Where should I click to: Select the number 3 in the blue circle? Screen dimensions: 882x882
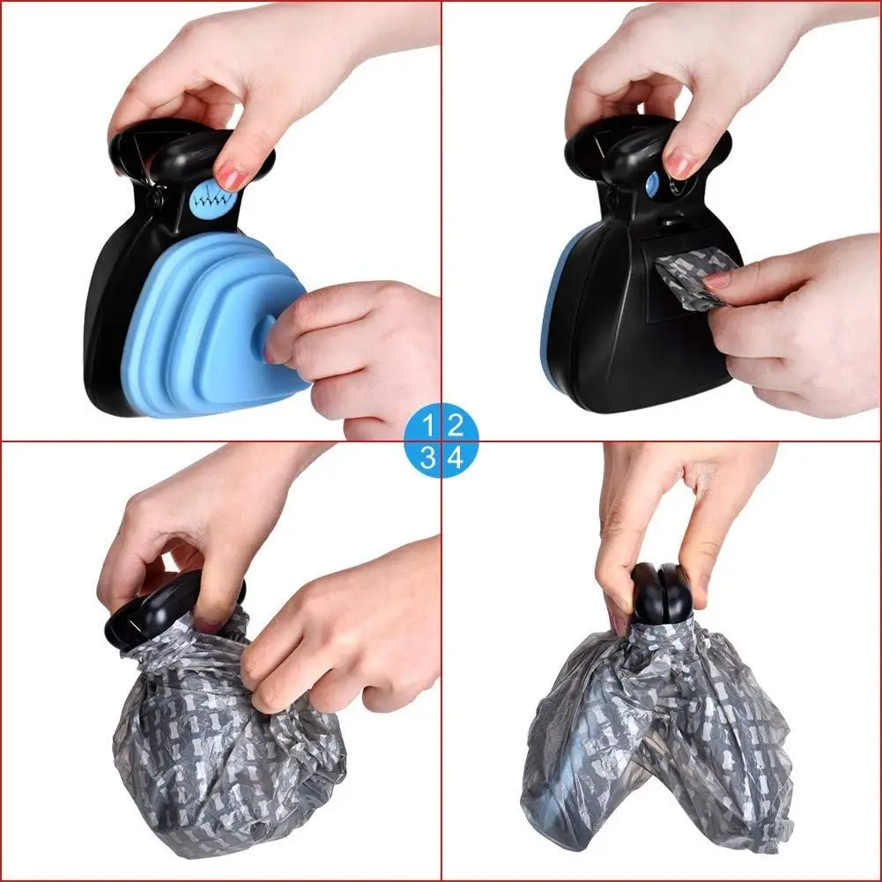tap(427, 456)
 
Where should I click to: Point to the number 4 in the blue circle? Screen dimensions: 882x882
tap(455, 456)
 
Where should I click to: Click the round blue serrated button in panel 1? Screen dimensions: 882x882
tap(209, 200)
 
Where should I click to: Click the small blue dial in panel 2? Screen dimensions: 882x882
tap(653, 184)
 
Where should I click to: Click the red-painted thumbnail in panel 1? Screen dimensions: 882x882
tap(232, 179)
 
